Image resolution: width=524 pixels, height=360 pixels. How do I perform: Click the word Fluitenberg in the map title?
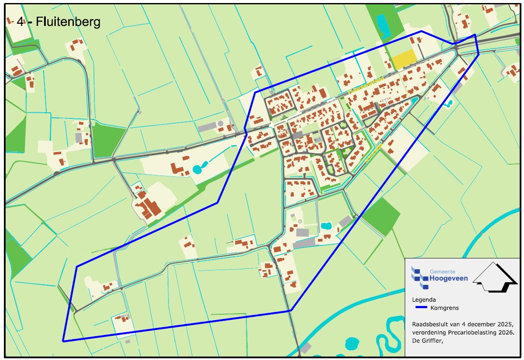(x=68, y=22)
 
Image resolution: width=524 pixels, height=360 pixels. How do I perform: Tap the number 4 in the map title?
(x=20, y=22)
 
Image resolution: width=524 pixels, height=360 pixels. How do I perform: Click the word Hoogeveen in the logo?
(x=448, y=279)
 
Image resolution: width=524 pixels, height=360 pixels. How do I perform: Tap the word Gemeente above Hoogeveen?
(x=442, y=271)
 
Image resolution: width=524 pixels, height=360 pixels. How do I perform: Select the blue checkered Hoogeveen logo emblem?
(x=420, y=277)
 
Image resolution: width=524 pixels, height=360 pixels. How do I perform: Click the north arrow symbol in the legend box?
(x=495, y=277)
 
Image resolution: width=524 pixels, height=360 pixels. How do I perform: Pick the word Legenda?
(x=424, y=299)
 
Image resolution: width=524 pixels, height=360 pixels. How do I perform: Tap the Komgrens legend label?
(x=445, y=308)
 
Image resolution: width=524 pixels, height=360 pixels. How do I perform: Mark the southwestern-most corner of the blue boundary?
(x=63, y=341)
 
